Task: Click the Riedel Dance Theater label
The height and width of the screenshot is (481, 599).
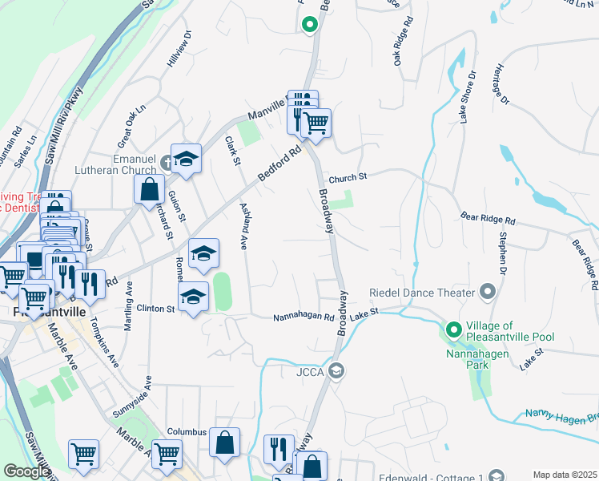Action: click(422, 293)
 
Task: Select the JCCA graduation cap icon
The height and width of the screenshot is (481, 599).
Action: click(337, 370)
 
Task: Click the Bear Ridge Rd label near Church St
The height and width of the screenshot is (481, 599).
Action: click(488, 218)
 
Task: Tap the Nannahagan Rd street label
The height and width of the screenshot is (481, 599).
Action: click(304, 317)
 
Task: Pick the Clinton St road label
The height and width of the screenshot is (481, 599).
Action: click(155, 309)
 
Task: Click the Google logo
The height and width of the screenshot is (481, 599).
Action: click(26, 471)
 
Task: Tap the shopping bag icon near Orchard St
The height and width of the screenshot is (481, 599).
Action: click(150, 190)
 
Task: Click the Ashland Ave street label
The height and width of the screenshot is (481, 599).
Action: click(243, 227)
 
